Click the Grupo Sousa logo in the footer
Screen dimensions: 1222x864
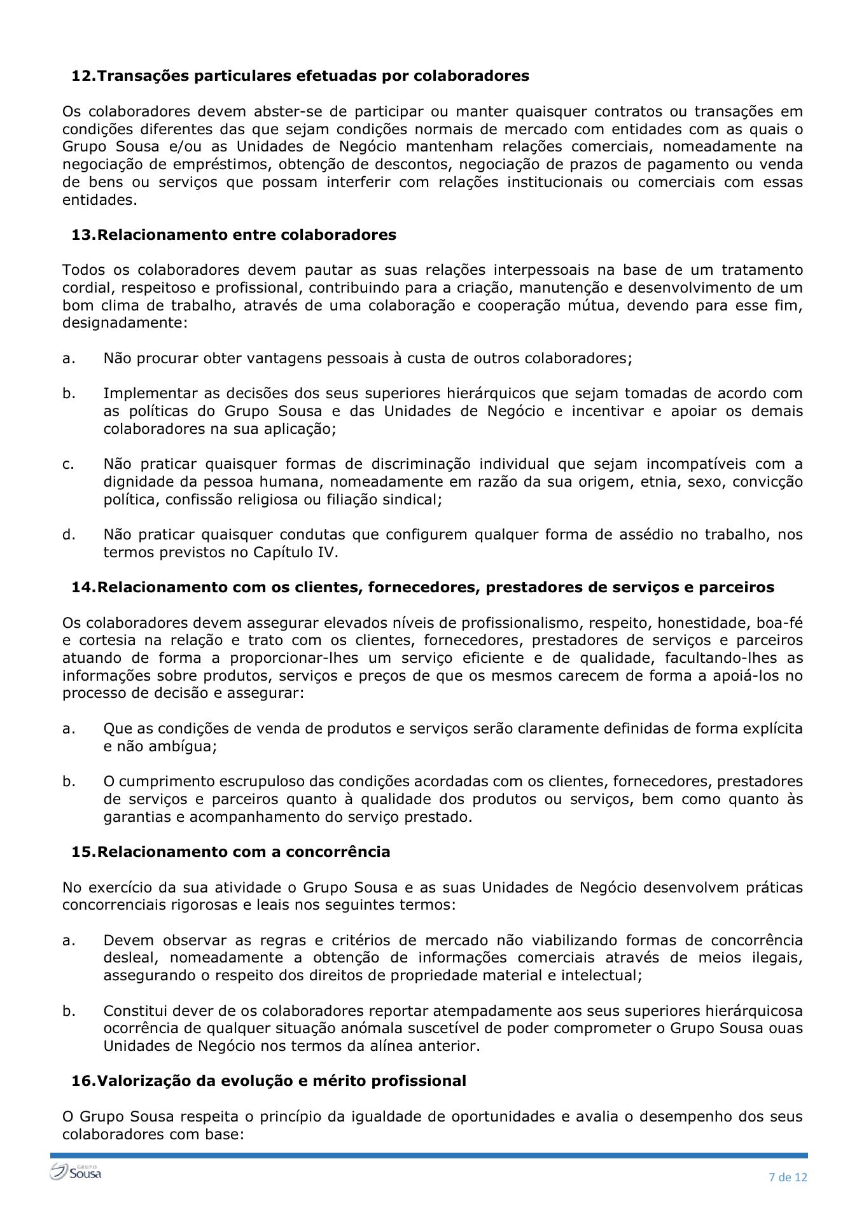point(76,1172)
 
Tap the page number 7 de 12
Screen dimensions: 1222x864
point(788,1177)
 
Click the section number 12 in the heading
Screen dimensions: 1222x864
point(82,76)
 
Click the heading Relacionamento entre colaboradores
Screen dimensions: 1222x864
point(247,235)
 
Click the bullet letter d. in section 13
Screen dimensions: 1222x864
point(69,534)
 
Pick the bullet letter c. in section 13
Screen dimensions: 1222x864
point(68,464)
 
